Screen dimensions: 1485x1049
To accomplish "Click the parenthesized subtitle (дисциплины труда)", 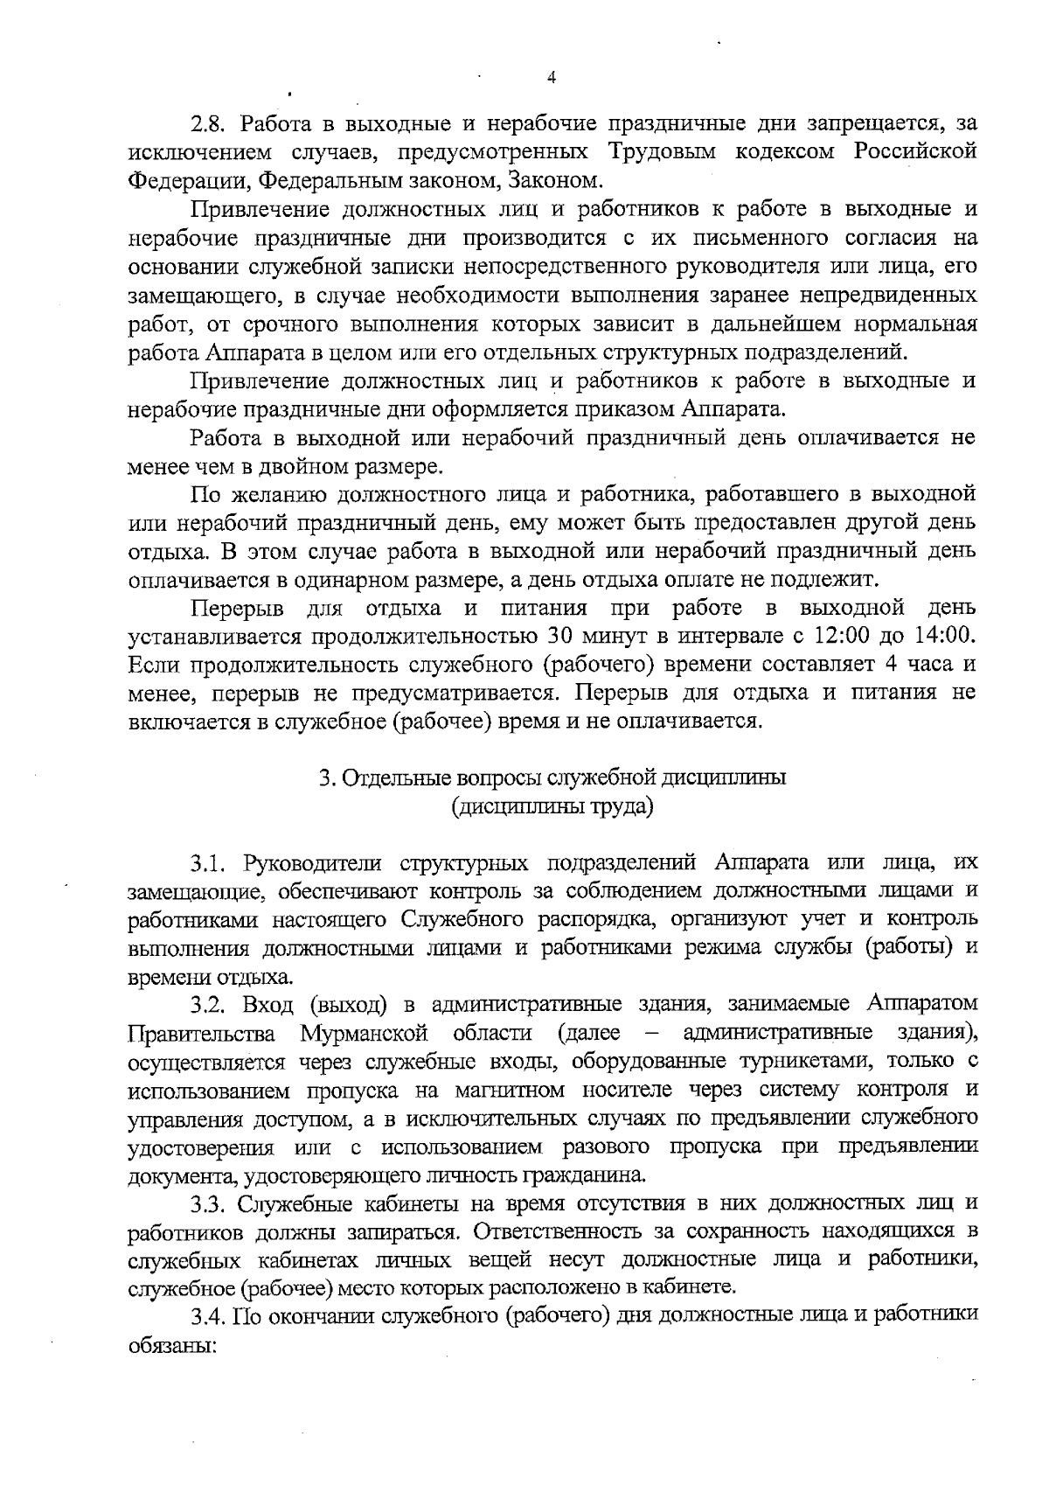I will point(552,806).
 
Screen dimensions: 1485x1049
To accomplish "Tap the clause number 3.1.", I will point(210,863).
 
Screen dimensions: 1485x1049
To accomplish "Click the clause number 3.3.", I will point(210,1204).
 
